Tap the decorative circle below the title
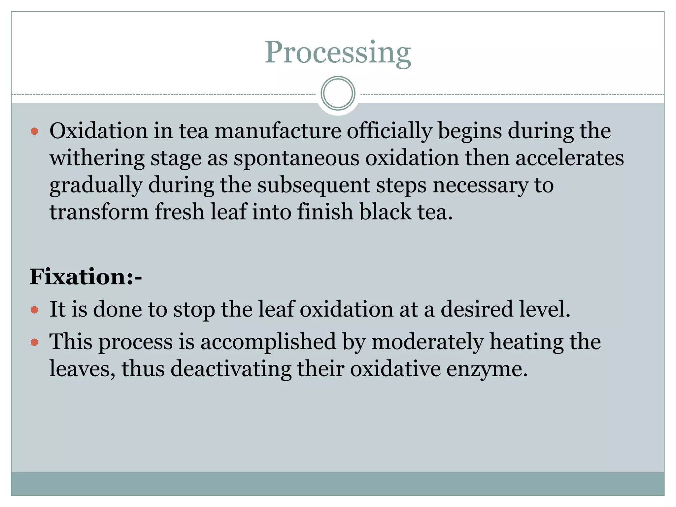coord(338,93)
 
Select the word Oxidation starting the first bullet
coord(98,131)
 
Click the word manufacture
coord(278,131)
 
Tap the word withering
coord(97,158)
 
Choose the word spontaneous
coord(296,158)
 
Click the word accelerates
coord(569,158)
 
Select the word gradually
coord(96,186)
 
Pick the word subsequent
coord(314,186)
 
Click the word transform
coord(99,212)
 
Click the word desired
coord(477,310)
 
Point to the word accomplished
coord(268,342)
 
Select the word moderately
coord(427,342)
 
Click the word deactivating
coord(231,369)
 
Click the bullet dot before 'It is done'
coord(34,310)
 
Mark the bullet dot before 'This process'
coord(34,342)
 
